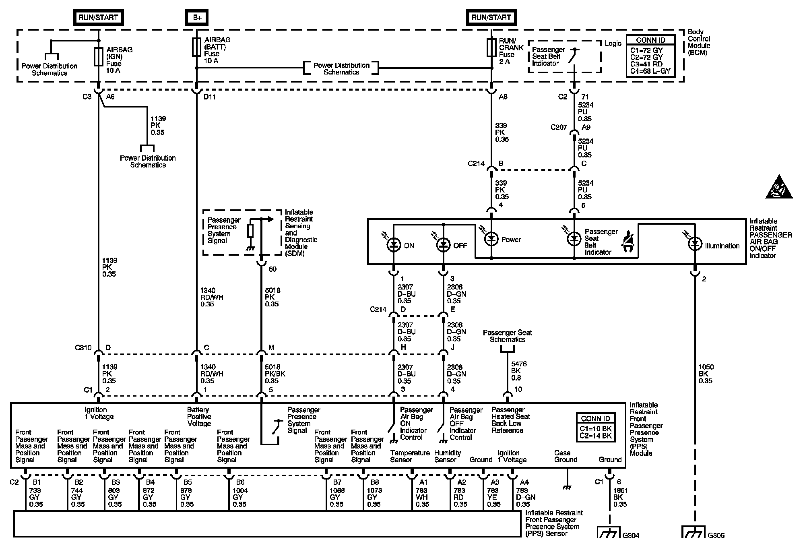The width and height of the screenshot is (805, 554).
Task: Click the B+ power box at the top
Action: [x=197, y=17]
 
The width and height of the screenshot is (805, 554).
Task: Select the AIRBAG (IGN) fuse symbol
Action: [x=99, y=56]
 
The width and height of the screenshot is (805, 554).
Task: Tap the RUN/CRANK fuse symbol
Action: [x=491, y=48]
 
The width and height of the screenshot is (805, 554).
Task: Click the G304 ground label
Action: [x=631, y=535]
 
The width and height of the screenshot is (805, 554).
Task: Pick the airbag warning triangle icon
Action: [x=779, y=188]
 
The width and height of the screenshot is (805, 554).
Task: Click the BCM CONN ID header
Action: [x=650, y=40]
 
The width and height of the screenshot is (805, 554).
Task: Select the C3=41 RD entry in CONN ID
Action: [x=646, y=64]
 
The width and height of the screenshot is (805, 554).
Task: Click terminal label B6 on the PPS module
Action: [x=240, y=482]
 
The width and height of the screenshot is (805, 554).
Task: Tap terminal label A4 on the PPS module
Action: [x=524, y=482]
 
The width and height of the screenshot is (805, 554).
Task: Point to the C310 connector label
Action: [x=83, y=347]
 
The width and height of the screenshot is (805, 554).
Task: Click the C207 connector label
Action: [x=559, y=127]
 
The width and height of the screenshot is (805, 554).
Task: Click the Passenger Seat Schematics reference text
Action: [x=507, y=336]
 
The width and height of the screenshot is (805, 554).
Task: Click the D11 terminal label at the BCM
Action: [x=210, y=97]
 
